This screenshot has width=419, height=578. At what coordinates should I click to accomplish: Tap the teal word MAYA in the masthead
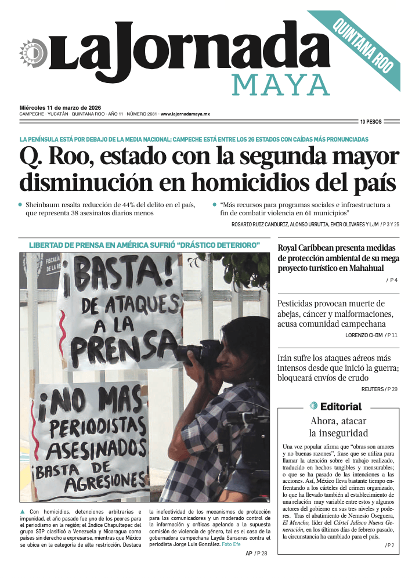pos(281,85)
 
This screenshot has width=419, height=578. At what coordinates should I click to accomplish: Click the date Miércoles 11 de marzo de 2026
pos(60,107)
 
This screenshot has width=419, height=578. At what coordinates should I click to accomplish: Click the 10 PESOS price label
pos(370,122)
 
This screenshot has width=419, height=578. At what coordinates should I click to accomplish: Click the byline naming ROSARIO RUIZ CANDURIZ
pos(267,224)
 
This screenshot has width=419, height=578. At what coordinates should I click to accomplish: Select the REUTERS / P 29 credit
pos(380,389)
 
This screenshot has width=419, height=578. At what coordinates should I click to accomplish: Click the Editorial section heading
pos(340,406)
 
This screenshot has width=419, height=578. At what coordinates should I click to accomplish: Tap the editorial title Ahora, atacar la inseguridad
pos(339,427)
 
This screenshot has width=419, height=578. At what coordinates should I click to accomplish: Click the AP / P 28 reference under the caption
pos(256,554)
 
